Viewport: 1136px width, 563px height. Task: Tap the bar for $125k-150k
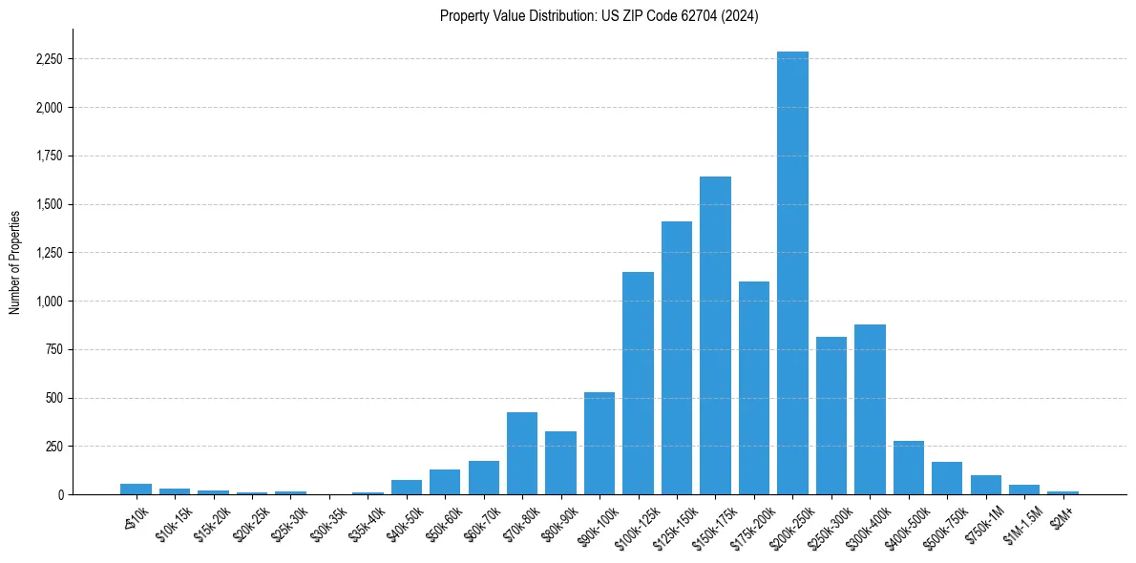tap(677, 358)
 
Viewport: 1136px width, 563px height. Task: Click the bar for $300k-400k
tap(870, 409)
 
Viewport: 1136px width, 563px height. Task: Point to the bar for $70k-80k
tap(522, 453)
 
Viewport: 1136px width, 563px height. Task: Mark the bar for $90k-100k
tap(600, 444)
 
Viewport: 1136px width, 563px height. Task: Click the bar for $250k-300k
tap(831, 416)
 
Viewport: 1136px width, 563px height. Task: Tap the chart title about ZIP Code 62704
tap(599, 15)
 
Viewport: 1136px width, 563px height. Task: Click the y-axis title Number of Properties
tap(15, 262)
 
